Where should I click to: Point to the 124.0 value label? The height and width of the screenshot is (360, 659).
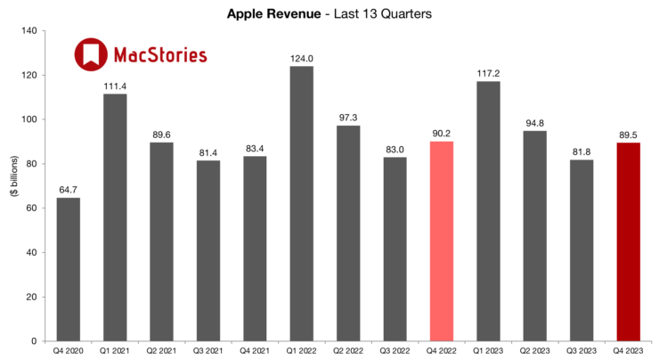[x=302, y=59]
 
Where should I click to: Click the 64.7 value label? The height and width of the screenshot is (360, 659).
[x=69, y=190]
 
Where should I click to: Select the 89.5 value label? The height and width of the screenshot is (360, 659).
[x=627, y=135]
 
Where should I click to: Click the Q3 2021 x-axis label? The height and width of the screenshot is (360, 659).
[x=208, y=352]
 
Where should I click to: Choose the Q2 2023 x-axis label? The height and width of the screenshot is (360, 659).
[x=533, y=352]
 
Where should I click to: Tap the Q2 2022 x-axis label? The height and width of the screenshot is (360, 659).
[x=348, y=352]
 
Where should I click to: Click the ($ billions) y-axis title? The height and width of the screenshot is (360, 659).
[x=12, y=186]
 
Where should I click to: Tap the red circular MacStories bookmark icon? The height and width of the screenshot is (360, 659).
[x=90, y=55]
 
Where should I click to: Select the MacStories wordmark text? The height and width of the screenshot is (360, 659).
[x=160, y=55]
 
